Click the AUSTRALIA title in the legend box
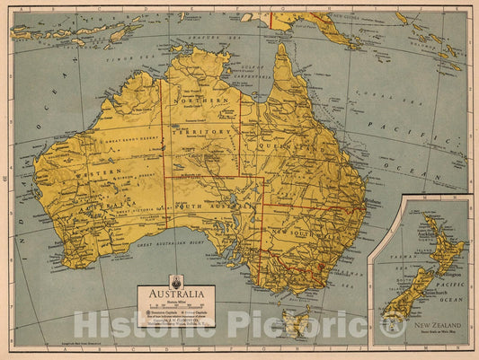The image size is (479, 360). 176,293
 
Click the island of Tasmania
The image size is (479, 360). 294,318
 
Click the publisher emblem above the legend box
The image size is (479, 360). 176,279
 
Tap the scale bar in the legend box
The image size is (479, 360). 175,305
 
